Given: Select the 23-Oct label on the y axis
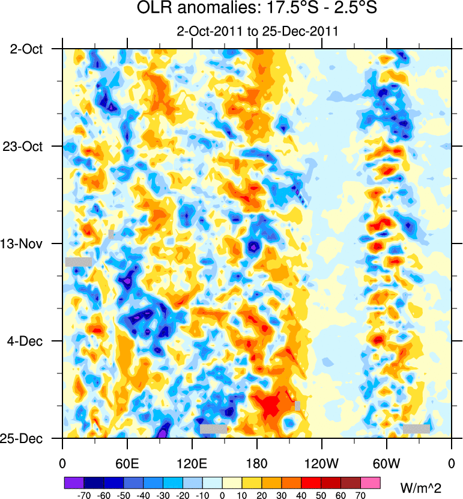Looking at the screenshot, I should click(27, 147).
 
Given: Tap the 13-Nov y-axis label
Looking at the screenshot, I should click(27, 244).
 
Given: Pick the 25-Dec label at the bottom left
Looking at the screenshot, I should click(27, 439).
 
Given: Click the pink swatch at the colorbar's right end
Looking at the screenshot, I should click(371, 482).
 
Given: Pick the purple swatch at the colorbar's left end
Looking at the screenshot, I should click(74, 482).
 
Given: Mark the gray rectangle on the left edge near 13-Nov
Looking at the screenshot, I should click(79, 262).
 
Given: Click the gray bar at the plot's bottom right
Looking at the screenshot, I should click(416, 429).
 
